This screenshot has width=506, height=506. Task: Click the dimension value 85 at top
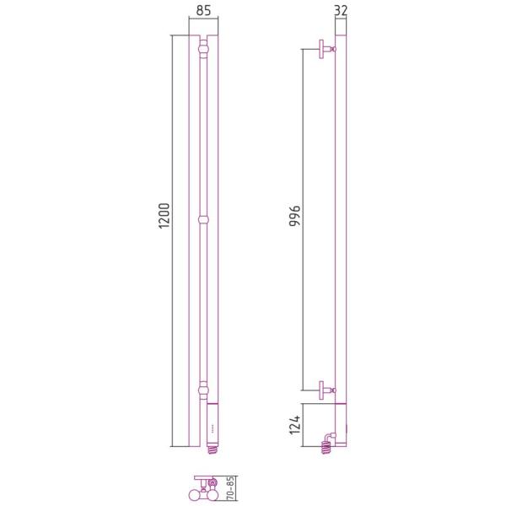coord(203,10)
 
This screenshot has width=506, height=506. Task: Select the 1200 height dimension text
coord(164,216)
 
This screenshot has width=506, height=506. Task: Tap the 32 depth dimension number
coord(341,10)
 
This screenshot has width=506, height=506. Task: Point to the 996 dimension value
coord(294,216)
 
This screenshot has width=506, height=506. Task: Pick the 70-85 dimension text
coord(231,488)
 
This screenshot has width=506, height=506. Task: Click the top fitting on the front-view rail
coord(203,49)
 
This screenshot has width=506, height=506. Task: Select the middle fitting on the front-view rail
coord(203,220)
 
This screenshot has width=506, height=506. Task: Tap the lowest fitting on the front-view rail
coord(203,390)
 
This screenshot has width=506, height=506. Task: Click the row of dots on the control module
coord(213,430)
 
